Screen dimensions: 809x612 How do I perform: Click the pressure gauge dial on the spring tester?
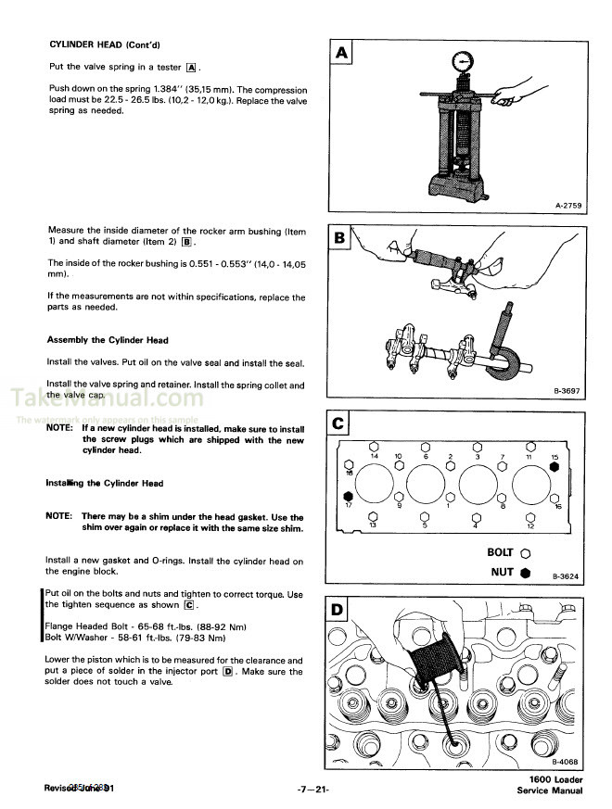461,63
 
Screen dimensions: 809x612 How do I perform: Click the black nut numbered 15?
554,468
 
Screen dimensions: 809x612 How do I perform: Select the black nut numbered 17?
348,496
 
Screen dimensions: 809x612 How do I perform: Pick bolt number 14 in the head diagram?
374,446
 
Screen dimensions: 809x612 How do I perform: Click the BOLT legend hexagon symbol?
526,553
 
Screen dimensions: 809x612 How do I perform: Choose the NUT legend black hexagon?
526,573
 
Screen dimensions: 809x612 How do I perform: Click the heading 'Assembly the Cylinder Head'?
108,340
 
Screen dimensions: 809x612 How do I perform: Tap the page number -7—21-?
313,790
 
